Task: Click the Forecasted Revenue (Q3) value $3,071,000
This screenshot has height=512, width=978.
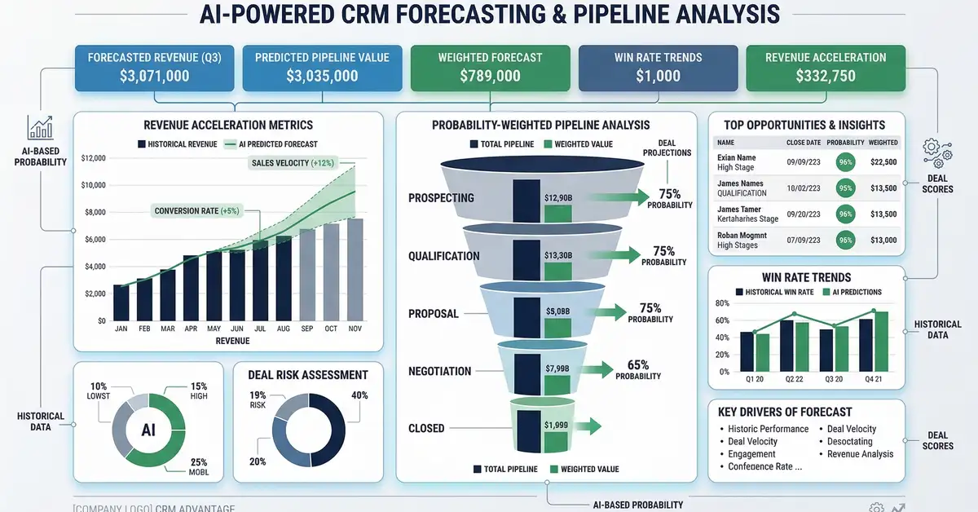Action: pos(155,76)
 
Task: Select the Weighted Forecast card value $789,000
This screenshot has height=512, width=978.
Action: pos(490,76)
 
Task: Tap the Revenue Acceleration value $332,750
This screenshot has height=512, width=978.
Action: pos(826,76)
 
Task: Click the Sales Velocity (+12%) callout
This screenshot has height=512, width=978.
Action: pos(292,162)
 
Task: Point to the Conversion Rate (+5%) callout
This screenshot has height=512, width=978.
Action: pos(198,211)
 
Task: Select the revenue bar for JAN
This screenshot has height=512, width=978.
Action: pos(121,302)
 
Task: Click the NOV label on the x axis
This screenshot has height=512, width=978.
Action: pos(355,329)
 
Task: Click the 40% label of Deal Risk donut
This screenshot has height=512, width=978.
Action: pos(359,395)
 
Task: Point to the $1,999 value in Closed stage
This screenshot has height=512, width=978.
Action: pos(557,426)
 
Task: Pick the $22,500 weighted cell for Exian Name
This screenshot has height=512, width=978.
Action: pos(883,161)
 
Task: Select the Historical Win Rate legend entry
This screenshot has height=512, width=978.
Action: pos(774,292)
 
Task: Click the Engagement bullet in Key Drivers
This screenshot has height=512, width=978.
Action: pos(751,454)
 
